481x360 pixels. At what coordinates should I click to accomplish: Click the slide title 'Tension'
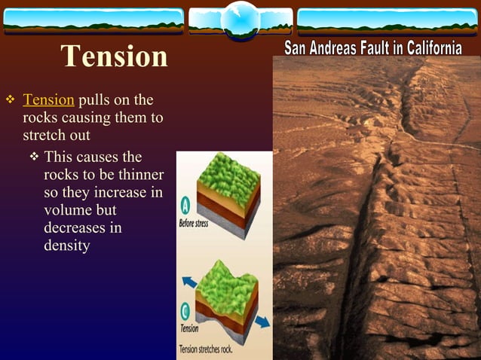point(114,56)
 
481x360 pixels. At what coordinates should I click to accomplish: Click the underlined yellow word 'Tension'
point(48,100)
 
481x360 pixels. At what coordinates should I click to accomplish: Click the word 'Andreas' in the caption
point(328,49)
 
